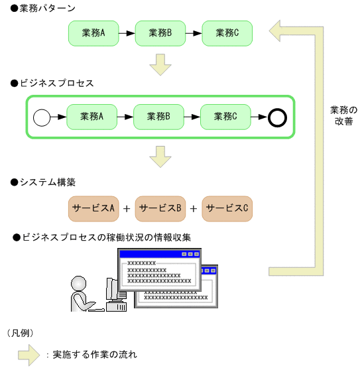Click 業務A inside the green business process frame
(x=91, y=117)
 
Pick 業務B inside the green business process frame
(x=159, y=117)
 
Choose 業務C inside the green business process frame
(x=225, y=117)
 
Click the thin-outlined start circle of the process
(x=42, y=118)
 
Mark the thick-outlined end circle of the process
(x=277, y=118)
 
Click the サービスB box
(x=160, y=208)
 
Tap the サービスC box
(x=227, y=208)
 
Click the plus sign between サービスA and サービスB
(x=127, y=209)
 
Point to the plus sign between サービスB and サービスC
(x=194, y=209)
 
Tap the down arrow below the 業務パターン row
(x=160, y=64)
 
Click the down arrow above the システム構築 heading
(x=160, y=156)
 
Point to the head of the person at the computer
(x=79, y=284)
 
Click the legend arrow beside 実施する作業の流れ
(x=29, y=354)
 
